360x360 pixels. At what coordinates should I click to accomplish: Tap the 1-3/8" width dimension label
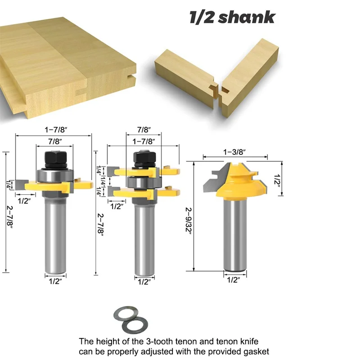[x=235, y=152]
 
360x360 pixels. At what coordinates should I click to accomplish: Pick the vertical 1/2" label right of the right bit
[x=278, y=180]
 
